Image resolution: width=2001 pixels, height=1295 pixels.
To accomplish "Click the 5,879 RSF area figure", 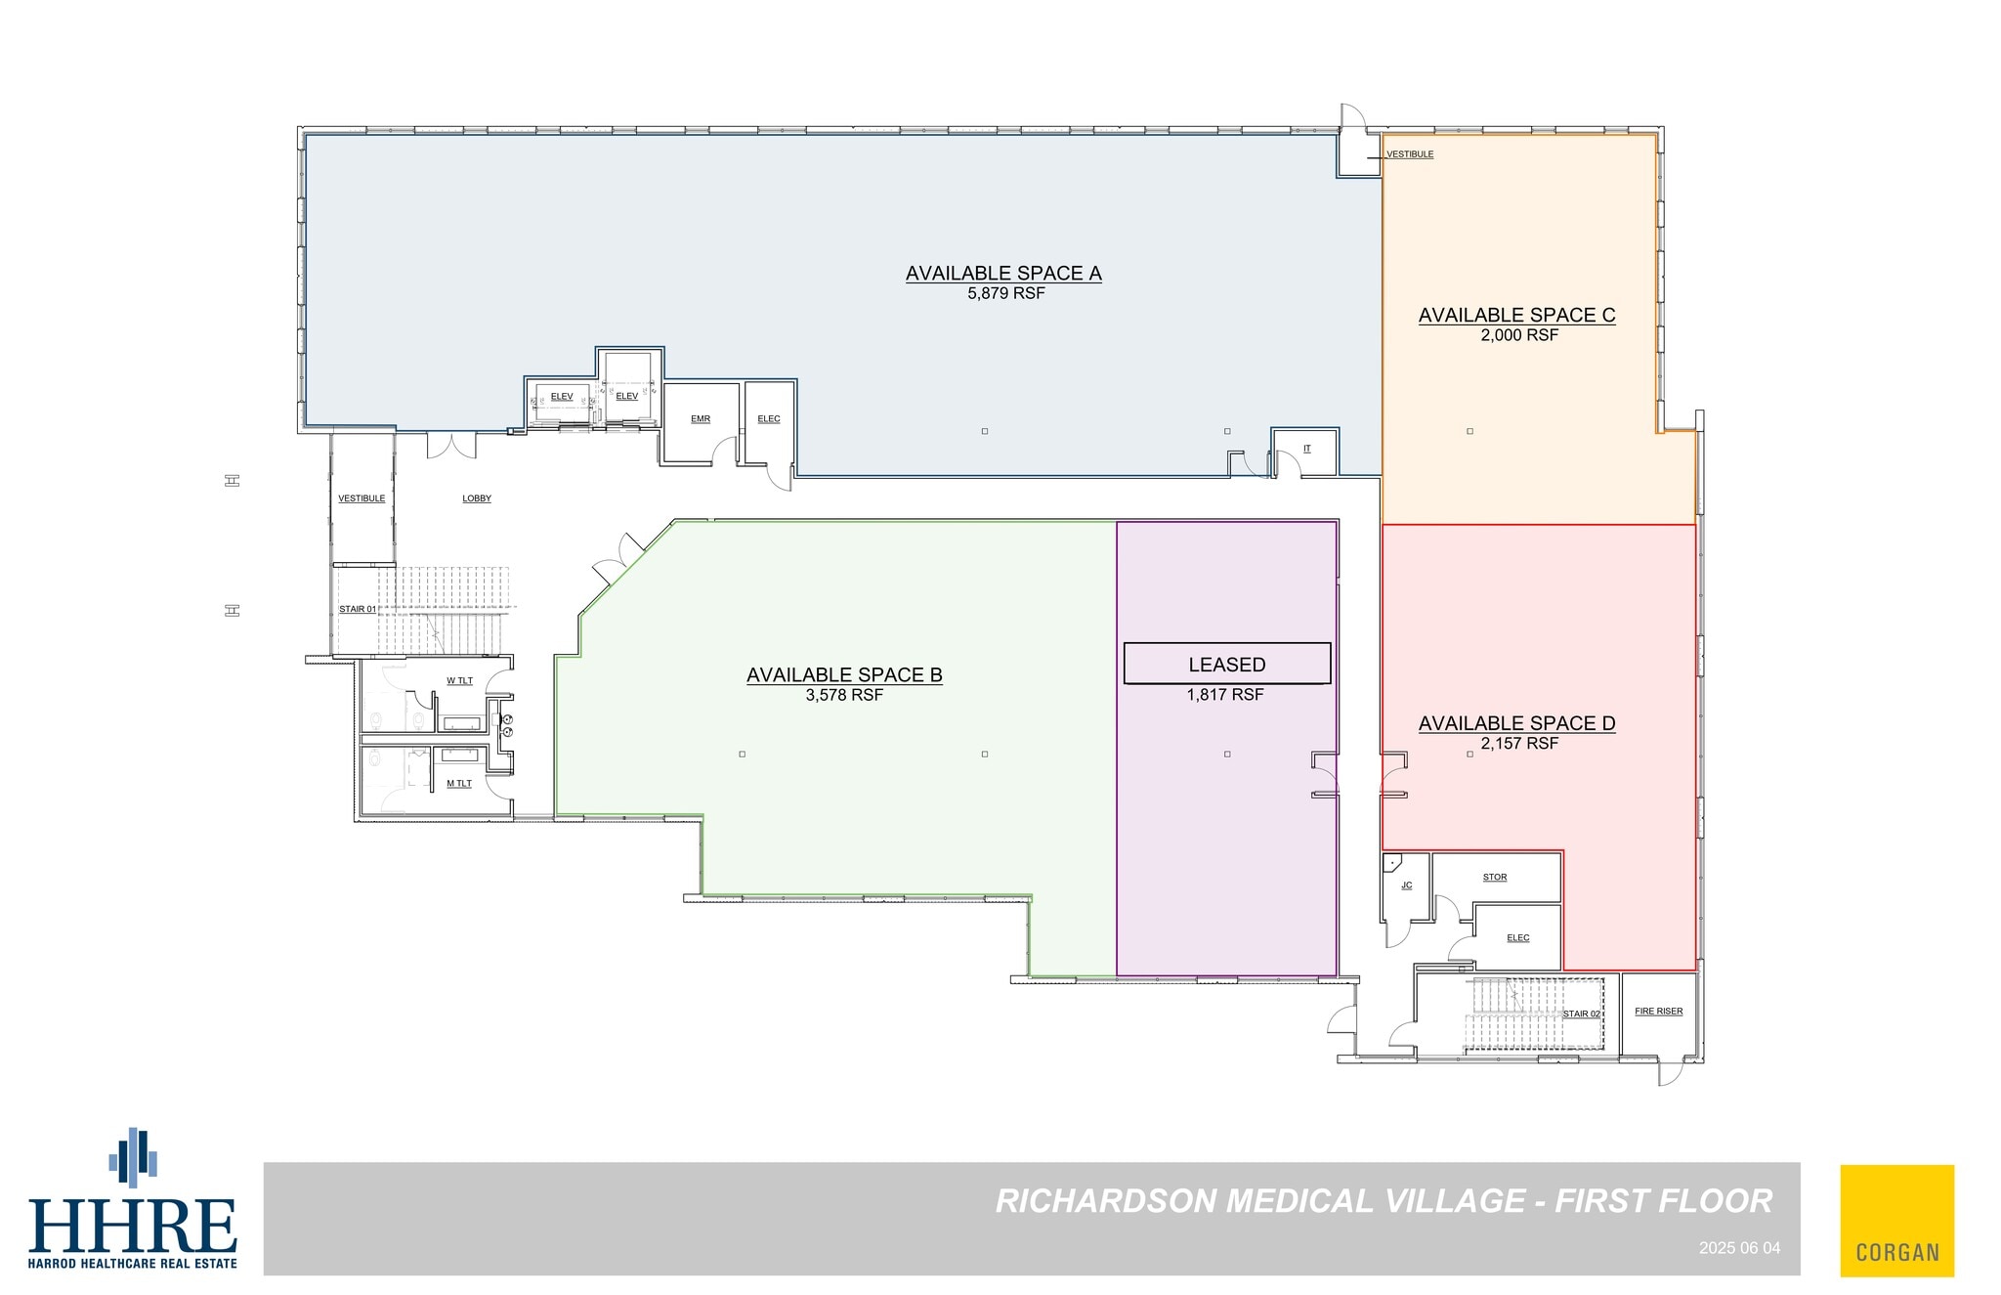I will coord(1005,293).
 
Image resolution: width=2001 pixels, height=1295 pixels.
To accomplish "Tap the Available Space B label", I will coord(844,674).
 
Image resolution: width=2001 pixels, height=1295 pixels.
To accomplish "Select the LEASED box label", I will coord(1226,665).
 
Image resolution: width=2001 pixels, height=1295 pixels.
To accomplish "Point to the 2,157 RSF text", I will coord(1518,744).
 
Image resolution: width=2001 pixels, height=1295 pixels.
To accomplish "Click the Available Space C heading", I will coord(1516,315).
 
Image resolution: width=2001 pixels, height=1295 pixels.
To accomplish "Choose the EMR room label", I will coord(701,419).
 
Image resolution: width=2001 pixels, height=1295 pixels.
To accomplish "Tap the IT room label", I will coord(1306,449).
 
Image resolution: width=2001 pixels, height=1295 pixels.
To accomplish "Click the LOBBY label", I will coord(477,498).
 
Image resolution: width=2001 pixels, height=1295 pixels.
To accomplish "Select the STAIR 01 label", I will coord(358,609).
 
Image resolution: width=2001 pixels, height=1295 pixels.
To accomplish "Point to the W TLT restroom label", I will coord(459,681).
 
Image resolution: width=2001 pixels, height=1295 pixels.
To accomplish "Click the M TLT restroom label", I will coord(459,784).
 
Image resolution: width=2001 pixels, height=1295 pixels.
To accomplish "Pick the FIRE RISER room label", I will coord(1658,1012).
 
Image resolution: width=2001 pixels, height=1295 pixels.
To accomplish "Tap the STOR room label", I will coord(1495,878).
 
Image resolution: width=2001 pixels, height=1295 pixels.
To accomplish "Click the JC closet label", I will coord(1407,885).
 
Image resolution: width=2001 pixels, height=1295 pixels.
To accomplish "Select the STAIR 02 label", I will coord(1582,1014).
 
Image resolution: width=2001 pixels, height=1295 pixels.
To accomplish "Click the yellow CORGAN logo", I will coord(1896,1220).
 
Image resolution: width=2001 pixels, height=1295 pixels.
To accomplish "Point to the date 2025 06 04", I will coord(1739,1248).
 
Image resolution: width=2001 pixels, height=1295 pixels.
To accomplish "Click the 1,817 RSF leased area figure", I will coord(1225,695).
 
